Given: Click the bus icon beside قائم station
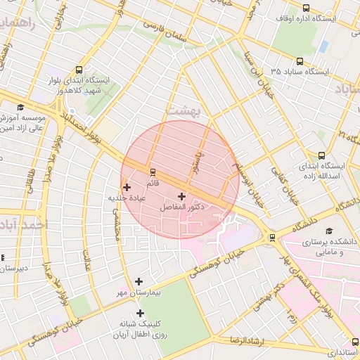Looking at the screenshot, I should pyautogui.click(x=153, y=172).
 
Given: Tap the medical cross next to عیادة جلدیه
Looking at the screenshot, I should pyautogui.click(x=127, y=187).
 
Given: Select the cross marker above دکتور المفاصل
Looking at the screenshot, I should pyautogui.click(x=182, y=196).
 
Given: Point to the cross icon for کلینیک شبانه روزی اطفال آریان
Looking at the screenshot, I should pyautogui.click(x=140, y=313).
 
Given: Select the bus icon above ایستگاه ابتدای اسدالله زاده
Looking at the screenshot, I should pyautogui.click(x=321, y=155).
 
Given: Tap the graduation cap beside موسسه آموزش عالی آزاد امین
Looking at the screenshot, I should pyautogui.click(x=20, y=107).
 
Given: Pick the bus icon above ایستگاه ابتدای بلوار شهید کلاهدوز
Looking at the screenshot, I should pyautogui.click(x=78, y=70).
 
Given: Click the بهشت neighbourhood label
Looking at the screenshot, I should pyautogui.click(x=184, y=110).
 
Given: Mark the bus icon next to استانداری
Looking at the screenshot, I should pyautogui.click(x=355, y=342).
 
